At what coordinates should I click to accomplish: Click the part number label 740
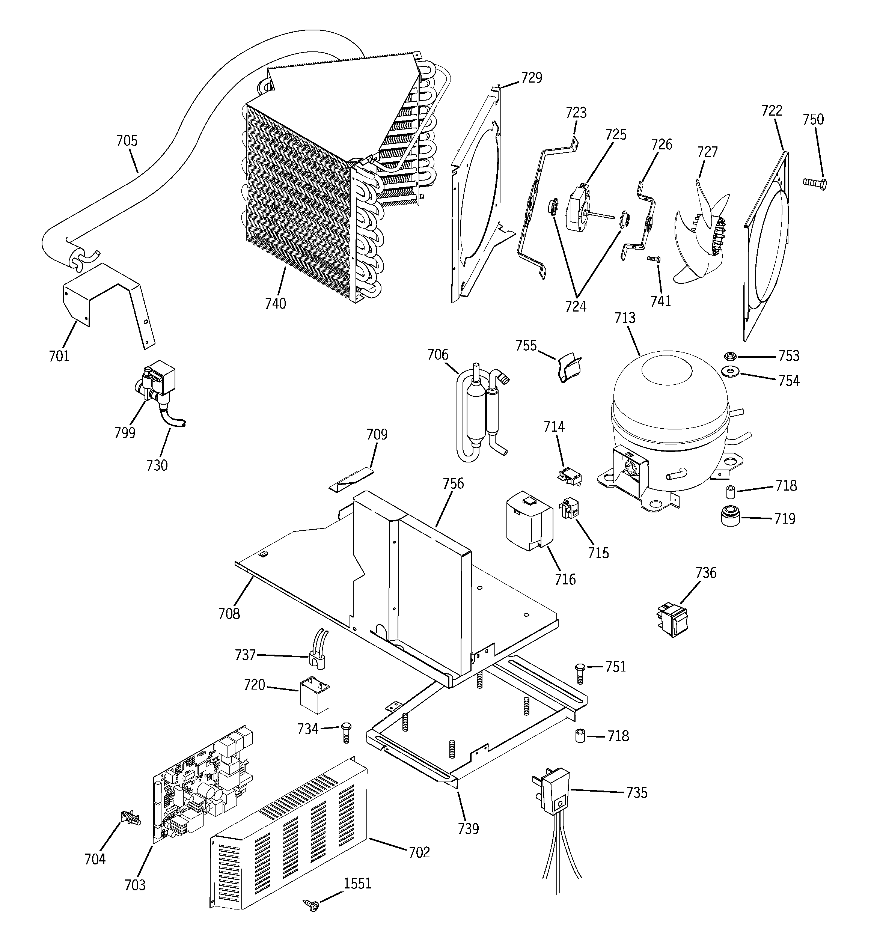point(275,304)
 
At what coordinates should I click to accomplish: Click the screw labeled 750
point(814,183)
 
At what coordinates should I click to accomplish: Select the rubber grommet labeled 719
point(729,515)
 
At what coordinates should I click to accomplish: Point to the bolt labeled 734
point(346,732)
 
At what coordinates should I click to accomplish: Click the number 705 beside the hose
point(127,141)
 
